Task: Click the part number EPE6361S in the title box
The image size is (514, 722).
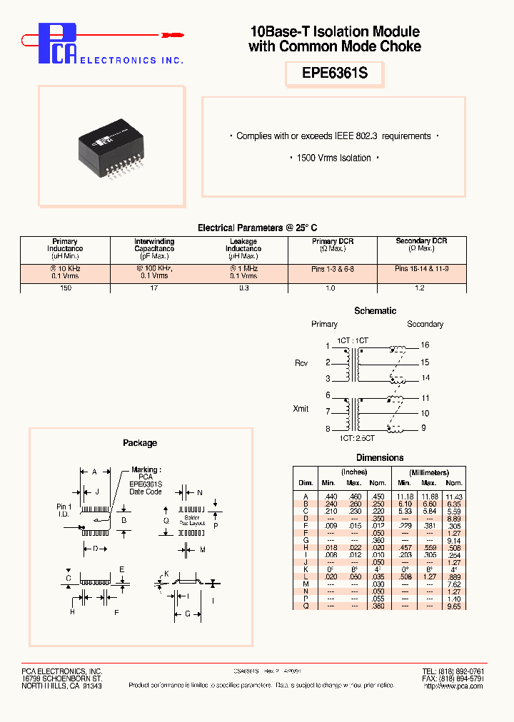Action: click(x=334, y=74)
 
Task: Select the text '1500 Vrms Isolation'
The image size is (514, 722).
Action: click(x=334, y=158)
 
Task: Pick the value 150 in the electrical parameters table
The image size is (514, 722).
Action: click(x=65, y=288)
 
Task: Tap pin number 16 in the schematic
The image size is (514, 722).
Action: click(x=425, y=345)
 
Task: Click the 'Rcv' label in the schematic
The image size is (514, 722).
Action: click(x=301, y=363)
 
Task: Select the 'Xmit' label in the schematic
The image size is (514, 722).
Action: click(x=301, y=409)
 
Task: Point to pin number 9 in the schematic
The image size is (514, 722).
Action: click(x=423, y=428)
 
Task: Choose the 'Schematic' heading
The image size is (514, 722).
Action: click(x=375, y=311)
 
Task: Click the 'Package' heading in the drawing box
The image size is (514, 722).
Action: click(x=140, y=443)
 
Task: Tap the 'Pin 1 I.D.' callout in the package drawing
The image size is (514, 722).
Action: click(x=64, y=510)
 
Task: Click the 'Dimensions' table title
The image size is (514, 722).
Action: click(x=380, y=458)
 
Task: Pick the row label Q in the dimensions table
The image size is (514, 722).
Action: click(x=306, y=606)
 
